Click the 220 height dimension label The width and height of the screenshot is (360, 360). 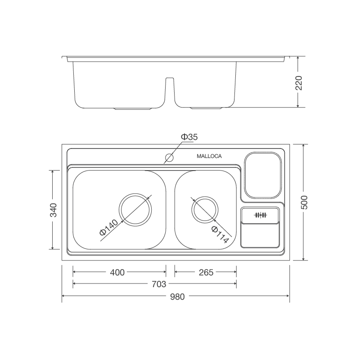299,83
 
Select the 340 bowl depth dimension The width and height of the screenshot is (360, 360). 54,210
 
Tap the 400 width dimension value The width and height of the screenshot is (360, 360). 117,272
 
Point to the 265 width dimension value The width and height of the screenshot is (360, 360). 205,272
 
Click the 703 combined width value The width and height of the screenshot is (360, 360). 159,283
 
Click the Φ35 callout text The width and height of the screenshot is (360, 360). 189,137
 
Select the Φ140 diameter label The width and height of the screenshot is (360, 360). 108,228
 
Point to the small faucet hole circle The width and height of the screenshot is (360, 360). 170,157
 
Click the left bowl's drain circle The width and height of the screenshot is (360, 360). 135,210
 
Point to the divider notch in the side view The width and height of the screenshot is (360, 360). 169,90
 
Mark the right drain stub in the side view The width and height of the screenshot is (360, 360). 206,108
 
